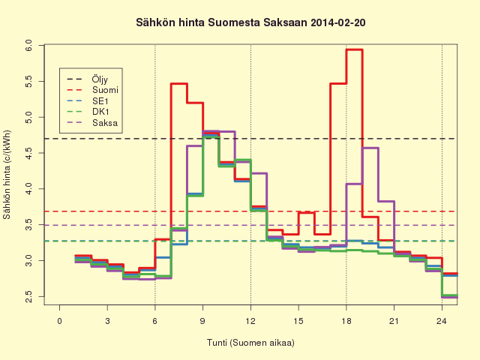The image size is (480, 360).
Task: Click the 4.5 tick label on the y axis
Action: (x=28, y=153)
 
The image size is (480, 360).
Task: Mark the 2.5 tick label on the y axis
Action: (x=28, y=297)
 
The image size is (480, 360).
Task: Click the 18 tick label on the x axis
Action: (x=346, y=321)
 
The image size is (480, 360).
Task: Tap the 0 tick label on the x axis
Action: (x=60, y=321)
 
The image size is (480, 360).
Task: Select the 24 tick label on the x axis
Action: (x=442, y=321)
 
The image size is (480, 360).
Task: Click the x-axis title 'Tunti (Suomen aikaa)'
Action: (x=250, y=343)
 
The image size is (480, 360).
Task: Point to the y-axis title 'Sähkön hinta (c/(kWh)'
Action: (x=7, y=175)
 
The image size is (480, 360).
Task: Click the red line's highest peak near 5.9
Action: (x=355, y=49)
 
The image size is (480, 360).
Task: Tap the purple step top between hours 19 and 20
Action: (x=370, y=148)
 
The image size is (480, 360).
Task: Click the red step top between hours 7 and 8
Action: (x=179, y=83)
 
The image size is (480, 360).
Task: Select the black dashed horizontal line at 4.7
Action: (x=251, y=139)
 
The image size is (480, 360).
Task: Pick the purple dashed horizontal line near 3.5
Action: (x=251, y=225)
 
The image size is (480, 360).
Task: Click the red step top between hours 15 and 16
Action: (x=307, y=212)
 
